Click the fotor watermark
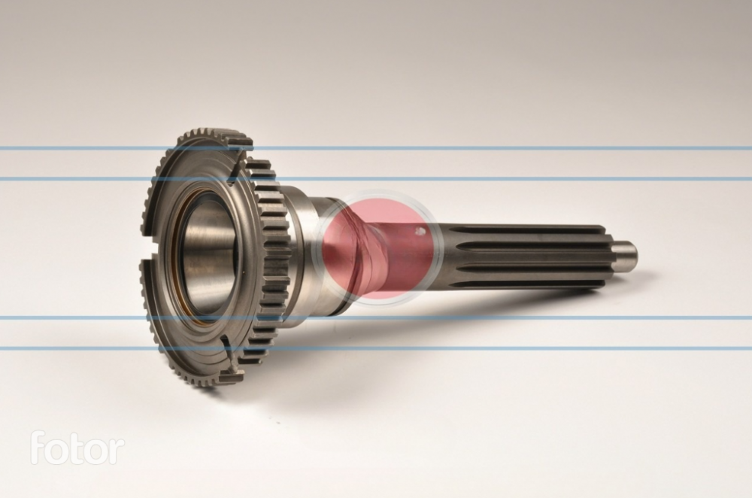(77, 448)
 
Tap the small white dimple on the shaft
(420, 232)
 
